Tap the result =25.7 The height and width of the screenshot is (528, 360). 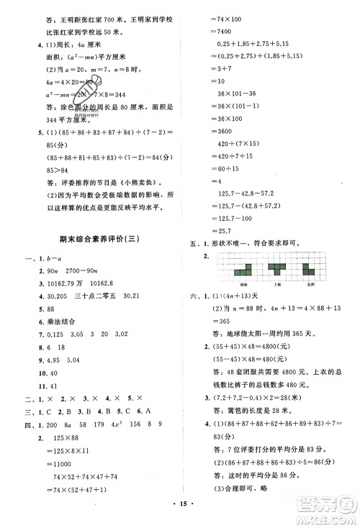pyautogui.click(x=210, y=229)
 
